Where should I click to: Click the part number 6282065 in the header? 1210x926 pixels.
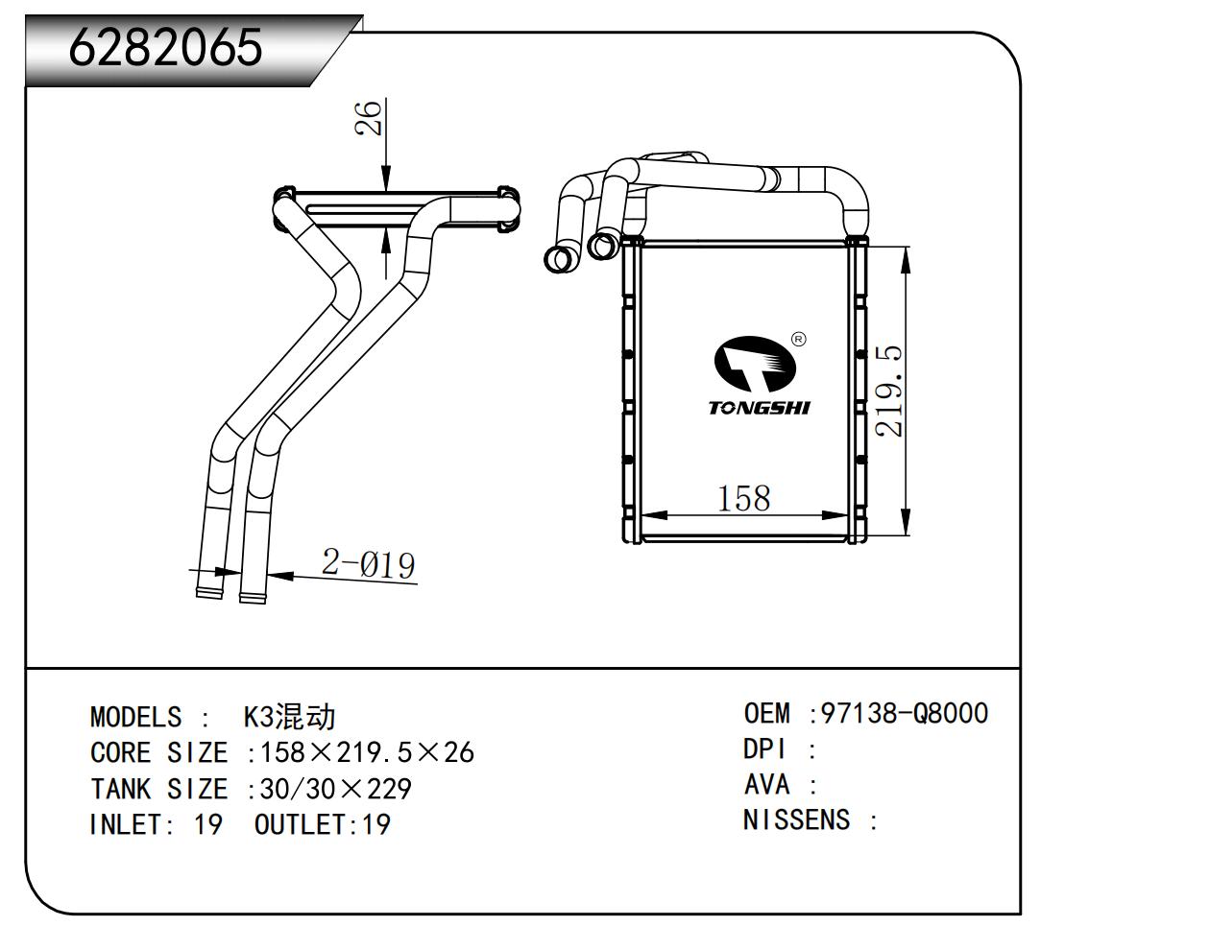[x=165, y=45]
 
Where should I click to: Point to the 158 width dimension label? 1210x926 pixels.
[x=743, y=497]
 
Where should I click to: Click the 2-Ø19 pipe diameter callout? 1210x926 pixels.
[x=369, y=563]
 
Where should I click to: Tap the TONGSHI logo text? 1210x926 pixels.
[x=759, y=408]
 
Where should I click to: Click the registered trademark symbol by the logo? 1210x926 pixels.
[x=797, y=339]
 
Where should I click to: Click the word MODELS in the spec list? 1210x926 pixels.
[x=134, y=717]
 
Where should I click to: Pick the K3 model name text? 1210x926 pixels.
[x=289, y=717]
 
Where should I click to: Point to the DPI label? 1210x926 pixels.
[x=764, y=748]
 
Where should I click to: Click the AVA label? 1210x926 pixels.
[x=766, y=785]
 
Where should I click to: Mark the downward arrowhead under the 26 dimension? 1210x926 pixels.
[x=385, y=178]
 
